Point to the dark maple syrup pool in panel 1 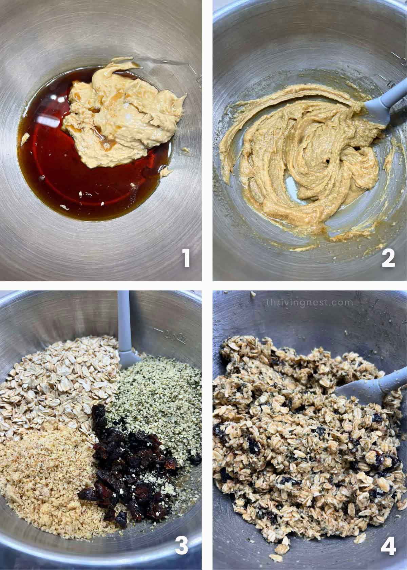(68, 170)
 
